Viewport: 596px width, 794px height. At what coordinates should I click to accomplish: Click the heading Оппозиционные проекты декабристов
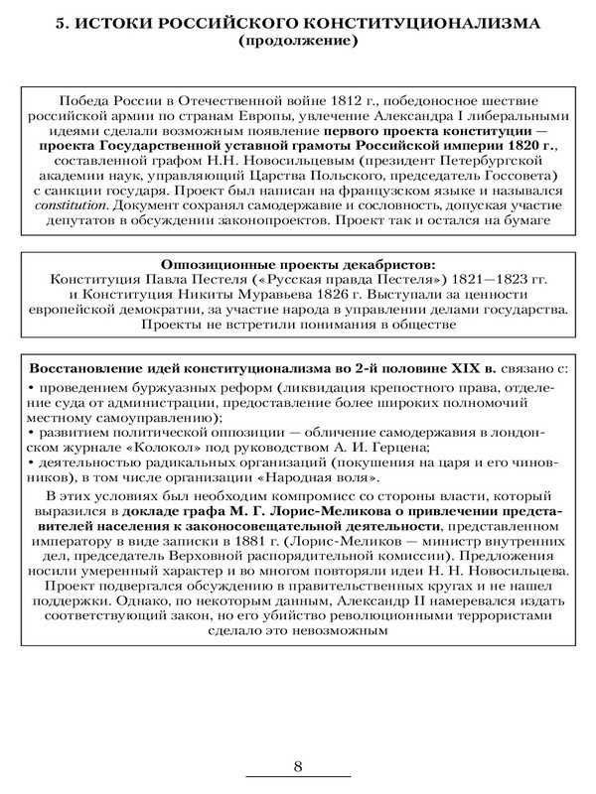298,265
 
